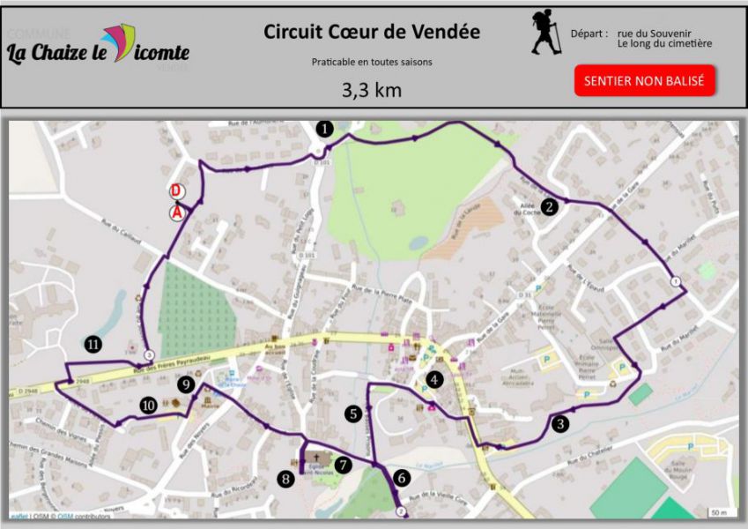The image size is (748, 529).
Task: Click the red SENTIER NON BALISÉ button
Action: point(645,80)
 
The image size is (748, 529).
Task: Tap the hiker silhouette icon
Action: point(546,33)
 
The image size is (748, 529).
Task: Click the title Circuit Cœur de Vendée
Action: point(372,32)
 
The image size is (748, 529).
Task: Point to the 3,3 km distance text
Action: point(371,89)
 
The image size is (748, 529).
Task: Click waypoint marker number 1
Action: point(325,129)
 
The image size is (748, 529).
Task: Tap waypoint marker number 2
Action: point(550,207)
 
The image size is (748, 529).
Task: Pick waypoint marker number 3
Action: point(561,423)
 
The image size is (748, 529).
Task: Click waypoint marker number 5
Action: point(353,413)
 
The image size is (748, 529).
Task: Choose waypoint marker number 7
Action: point(343,464)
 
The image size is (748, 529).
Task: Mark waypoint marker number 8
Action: point(285,479)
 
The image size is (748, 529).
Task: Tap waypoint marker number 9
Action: point(185,384)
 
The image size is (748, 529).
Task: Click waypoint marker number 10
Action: point(148,405)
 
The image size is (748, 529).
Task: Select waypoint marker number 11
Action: point(93,345)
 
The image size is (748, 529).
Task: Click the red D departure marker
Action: point(176,191)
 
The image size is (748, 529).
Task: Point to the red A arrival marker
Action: point(177,212)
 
